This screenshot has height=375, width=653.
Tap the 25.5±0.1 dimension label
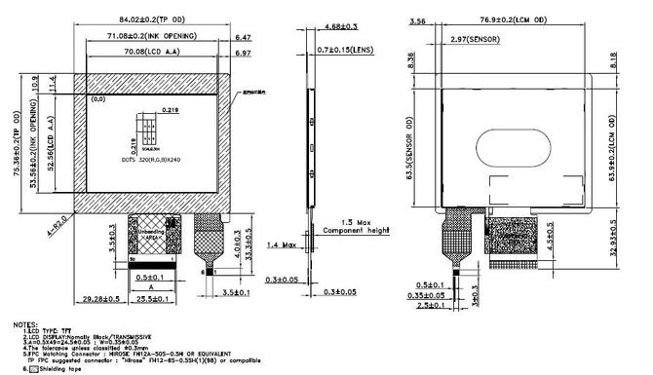(152, 298)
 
